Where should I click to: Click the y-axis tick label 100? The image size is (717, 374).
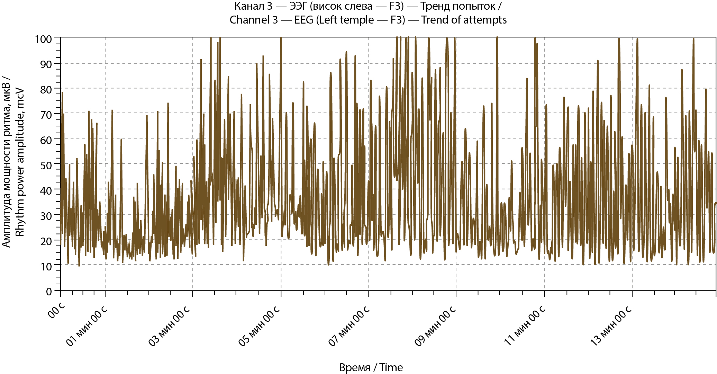click(x=43, y=39)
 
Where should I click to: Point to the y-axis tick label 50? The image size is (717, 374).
click(x=46, y=165)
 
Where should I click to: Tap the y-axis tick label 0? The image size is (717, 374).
click(x=49, y=292)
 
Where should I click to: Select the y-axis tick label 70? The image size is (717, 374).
click(x=46, y=115)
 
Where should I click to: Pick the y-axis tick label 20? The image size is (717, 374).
click(x=46, y=241)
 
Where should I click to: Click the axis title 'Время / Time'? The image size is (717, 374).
click(x=371, y=367)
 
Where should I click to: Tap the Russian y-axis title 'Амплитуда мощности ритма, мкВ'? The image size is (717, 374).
click(x=6, y=162)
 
